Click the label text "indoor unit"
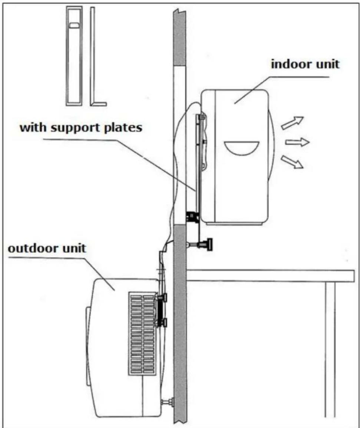click(x=305, y=64)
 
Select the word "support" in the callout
click(x=77, y=128)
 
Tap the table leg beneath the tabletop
click(x=330, y=349)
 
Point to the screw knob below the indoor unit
click(x=204, y=245)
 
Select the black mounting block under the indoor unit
click(x=192, y=217)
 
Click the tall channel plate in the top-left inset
click(x=74, y=56)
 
